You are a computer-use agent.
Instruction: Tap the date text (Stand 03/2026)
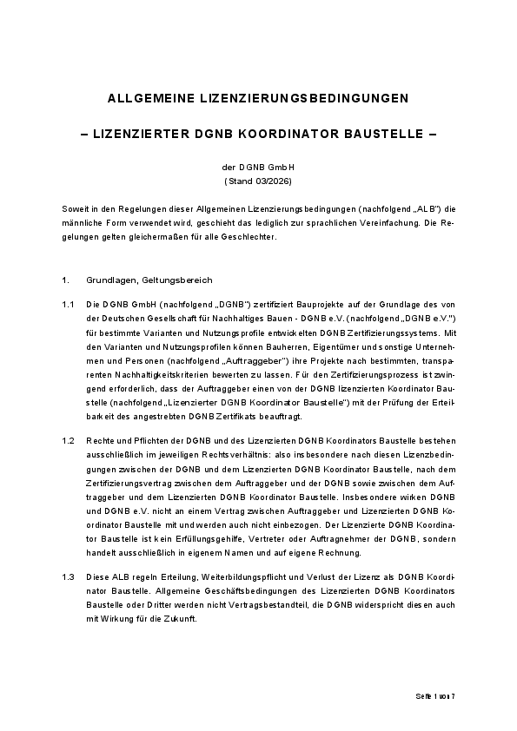258,182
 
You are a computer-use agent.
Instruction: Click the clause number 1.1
68,306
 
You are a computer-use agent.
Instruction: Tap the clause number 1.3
68,577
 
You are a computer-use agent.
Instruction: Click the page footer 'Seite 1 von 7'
434,698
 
